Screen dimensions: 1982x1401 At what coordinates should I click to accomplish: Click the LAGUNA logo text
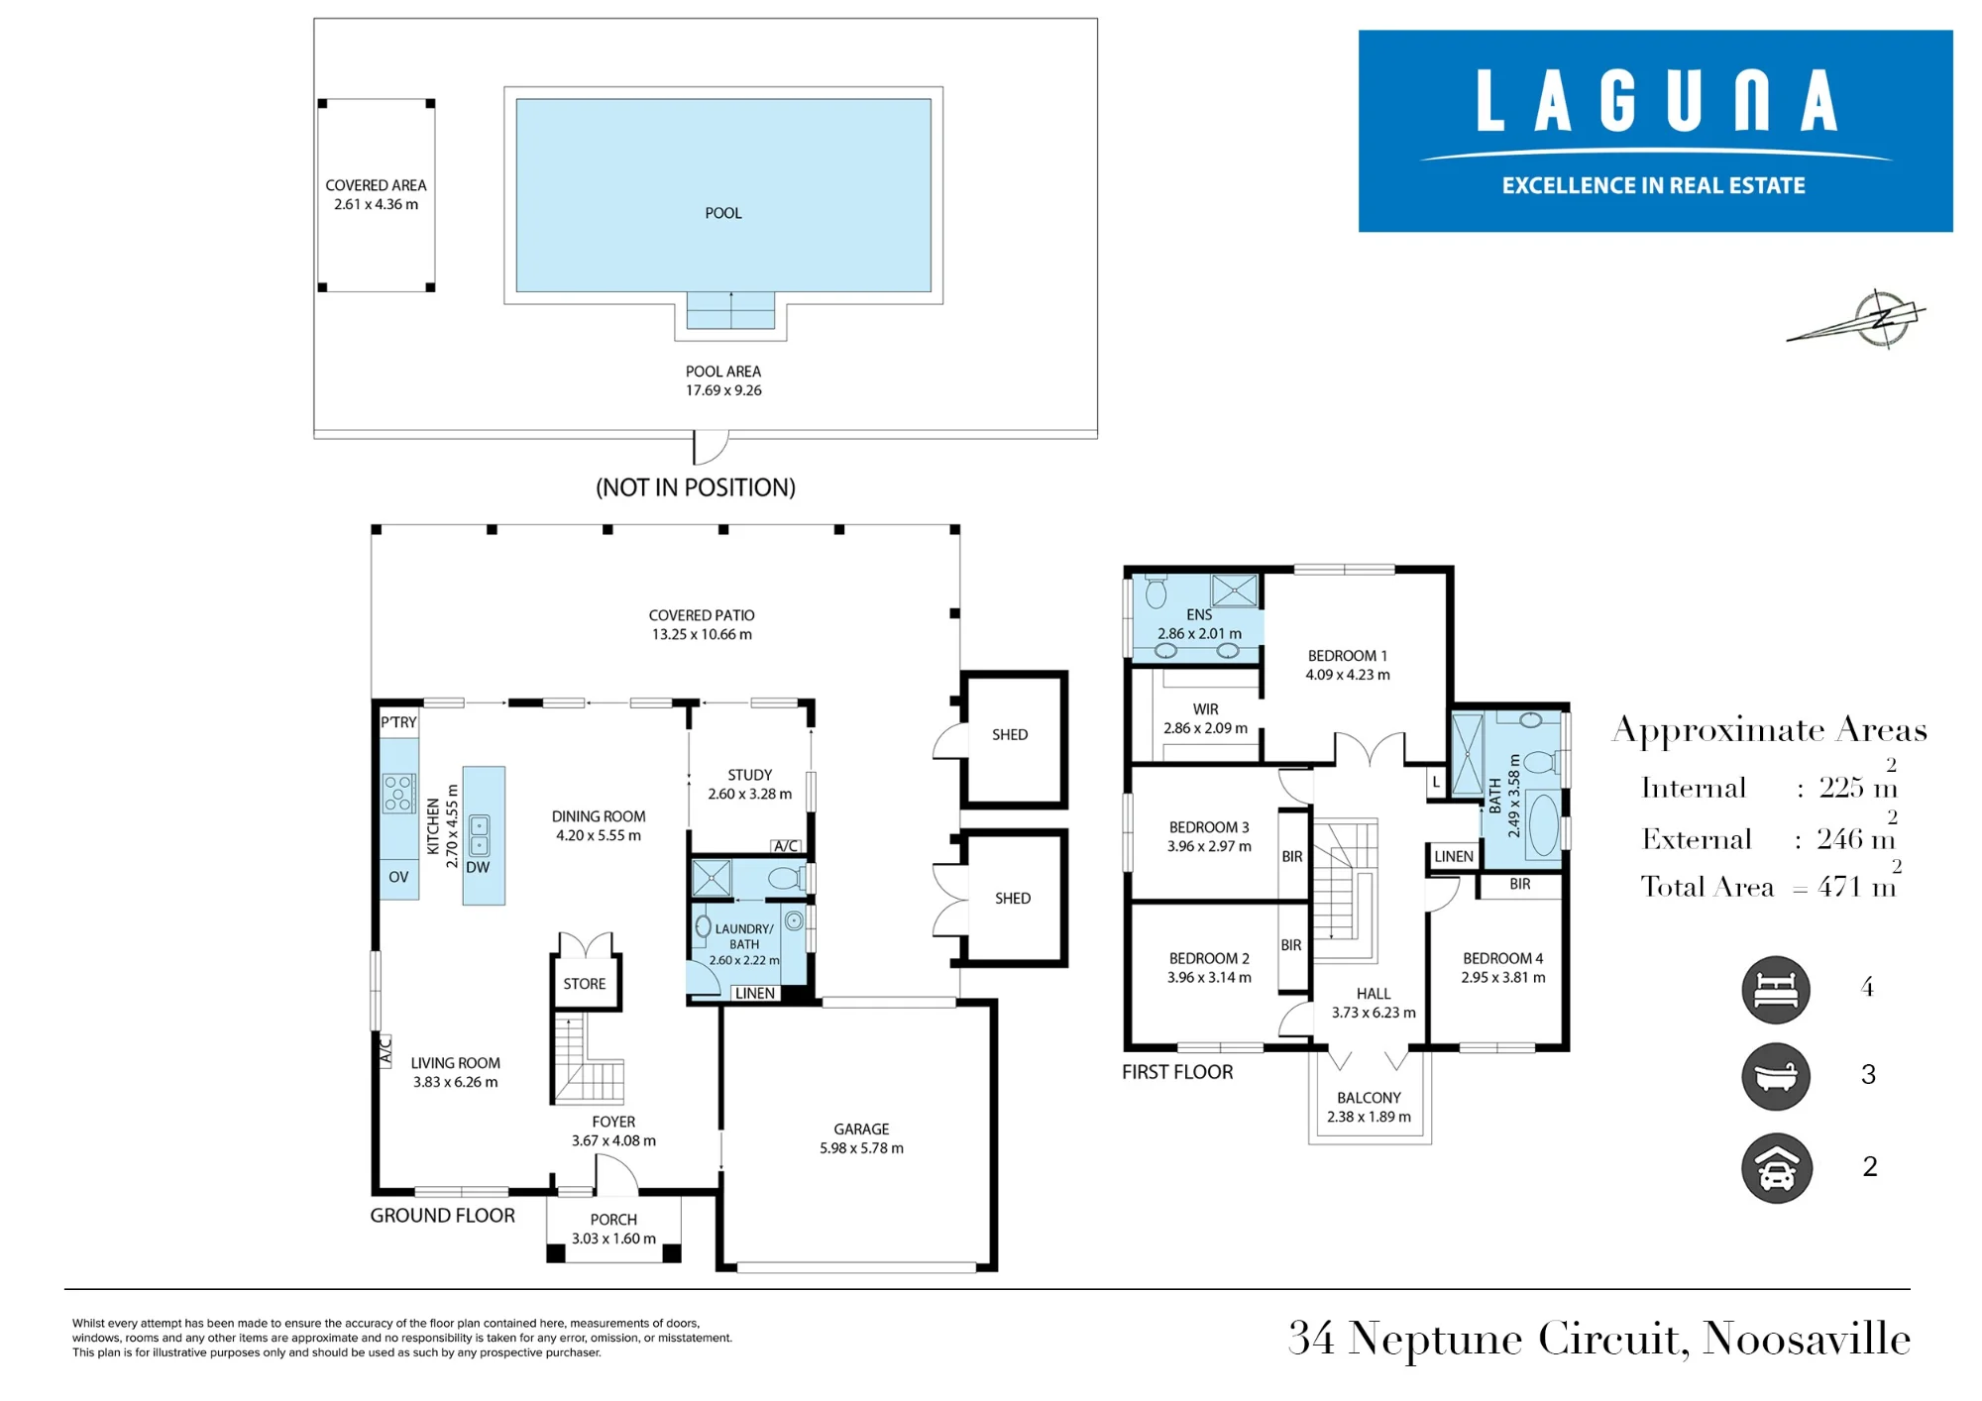tap(1657, 100)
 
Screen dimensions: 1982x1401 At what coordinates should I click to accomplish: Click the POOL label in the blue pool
tap(723, 213)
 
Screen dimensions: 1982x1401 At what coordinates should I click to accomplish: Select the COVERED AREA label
tap(376, 185)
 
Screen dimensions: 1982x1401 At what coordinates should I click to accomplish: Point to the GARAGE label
tap(861, 1130)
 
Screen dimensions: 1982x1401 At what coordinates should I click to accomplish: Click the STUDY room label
tap(749, 775)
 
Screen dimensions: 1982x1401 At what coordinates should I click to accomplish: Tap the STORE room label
tap(585, 984)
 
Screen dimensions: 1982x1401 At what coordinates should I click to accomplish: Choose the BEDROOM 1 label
tap(1348, 656)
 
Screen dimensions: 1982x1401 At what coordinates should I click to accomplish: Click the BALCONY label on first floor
tap(1369, 1098)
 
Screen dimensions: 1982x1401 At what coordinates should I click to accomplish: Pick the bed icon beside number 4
tap(1776, 990)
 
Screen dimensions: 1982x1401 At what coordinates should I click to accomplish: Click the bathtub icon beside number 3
tap(1776, 1077)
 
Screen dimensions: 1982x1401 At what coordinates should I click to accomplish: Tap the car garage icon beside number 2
tap(1777, 1168)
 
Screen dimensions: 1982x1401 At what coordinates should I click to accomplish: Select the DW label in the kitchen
tap(478, 867)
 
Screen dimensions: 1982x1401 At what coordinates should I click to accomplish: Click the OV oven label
tap(398, 877)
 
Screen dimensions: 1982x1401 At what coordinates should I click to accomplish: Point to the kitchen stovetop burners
tap(398, 794)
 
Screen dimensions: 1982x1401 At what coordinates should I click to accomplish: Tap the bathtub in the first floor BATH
tap(1542, 823)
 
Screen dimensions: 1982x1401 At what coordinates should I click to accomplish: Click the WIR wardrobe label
tap(1206, 709)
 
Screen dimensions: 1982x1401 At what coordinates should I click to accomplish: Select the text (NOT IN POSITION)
tap(696, 487)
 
